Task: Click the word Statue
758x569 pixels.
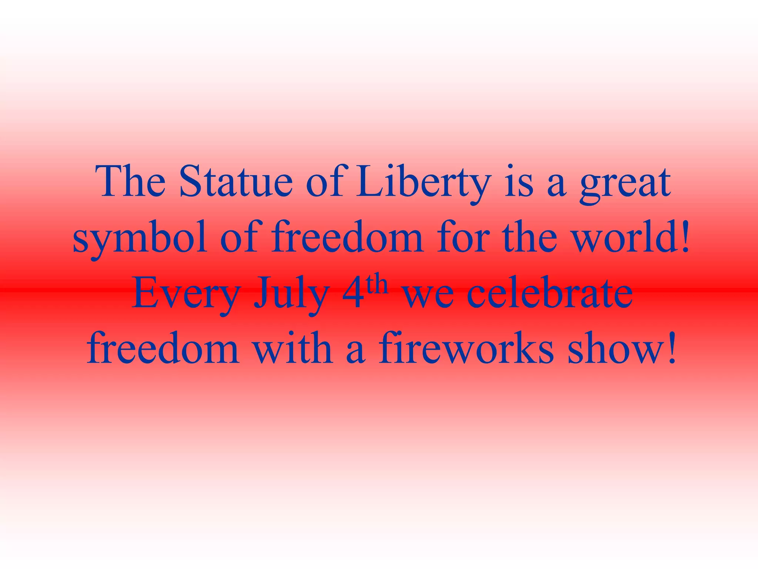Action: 236,182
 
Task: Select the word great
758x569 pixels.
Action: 625,183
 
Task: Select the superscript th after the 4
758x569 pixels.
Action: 376,284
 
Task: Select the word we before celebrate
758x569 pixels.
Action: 428,296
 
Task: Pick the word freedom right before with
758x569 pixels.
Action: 163,348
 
